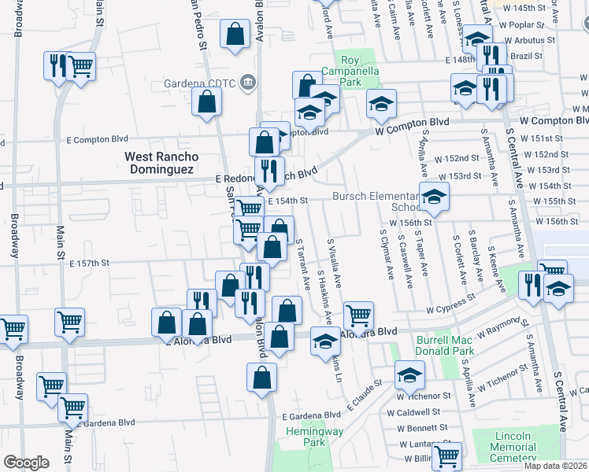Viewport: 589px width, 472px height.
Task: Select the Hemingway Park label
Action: point(325,437)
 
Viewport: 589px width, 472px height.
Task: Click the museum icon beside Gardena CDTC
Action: point(248,82)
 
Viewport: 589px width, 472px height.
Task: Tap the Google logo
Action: point(26,463)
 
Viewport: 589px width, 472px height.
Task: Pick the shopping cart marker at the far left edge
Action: point(13,330)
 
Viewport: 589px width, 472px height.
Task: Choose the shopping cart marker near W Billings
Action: point(447,455)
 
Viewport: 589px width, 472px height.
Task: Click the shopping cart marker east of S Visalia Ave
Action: point(358,316)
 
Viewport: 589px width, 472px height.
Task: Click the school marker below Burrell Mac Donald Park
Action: point(409,376)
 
